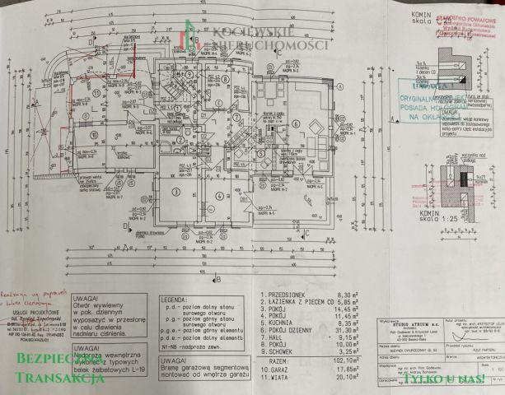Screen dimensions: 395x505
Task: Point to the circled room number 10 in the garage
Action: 94,135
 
